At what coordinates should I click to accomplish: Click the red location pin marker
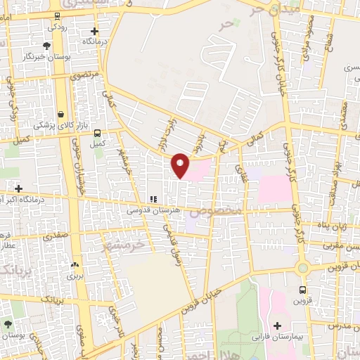[181, 165]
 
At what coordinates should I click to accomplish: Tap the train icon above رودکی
[56, 15]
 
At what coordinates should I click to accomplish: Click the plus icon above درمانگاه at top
[94, 31]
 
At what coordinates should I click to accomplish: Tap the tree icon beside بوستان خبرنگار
[46, 46]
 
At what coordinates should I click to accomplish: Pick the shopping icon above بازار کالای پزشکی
[61, 114]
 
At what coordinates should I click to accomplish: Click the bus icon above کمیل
[97, 133]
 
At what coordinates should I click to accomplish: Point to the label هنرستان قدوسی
[150, 210]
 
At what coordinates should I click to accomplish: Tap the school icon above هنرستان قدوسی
[152, 200]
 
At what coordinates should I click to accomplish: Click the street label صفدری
[56, 236]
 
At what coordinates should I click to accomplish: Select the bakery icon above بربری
[75, 266]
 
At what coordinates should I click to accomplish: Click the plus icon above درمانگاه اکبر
[19, 188]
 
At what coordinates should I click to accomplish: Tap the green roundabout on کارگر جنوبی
[302, 267]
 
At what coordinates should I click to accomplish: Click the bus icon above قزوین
[302, 290]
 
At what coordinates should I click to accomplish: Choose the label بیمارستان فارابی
[278, 337]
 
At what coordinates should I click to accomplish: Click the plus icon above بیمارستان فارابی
[278, 326]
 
